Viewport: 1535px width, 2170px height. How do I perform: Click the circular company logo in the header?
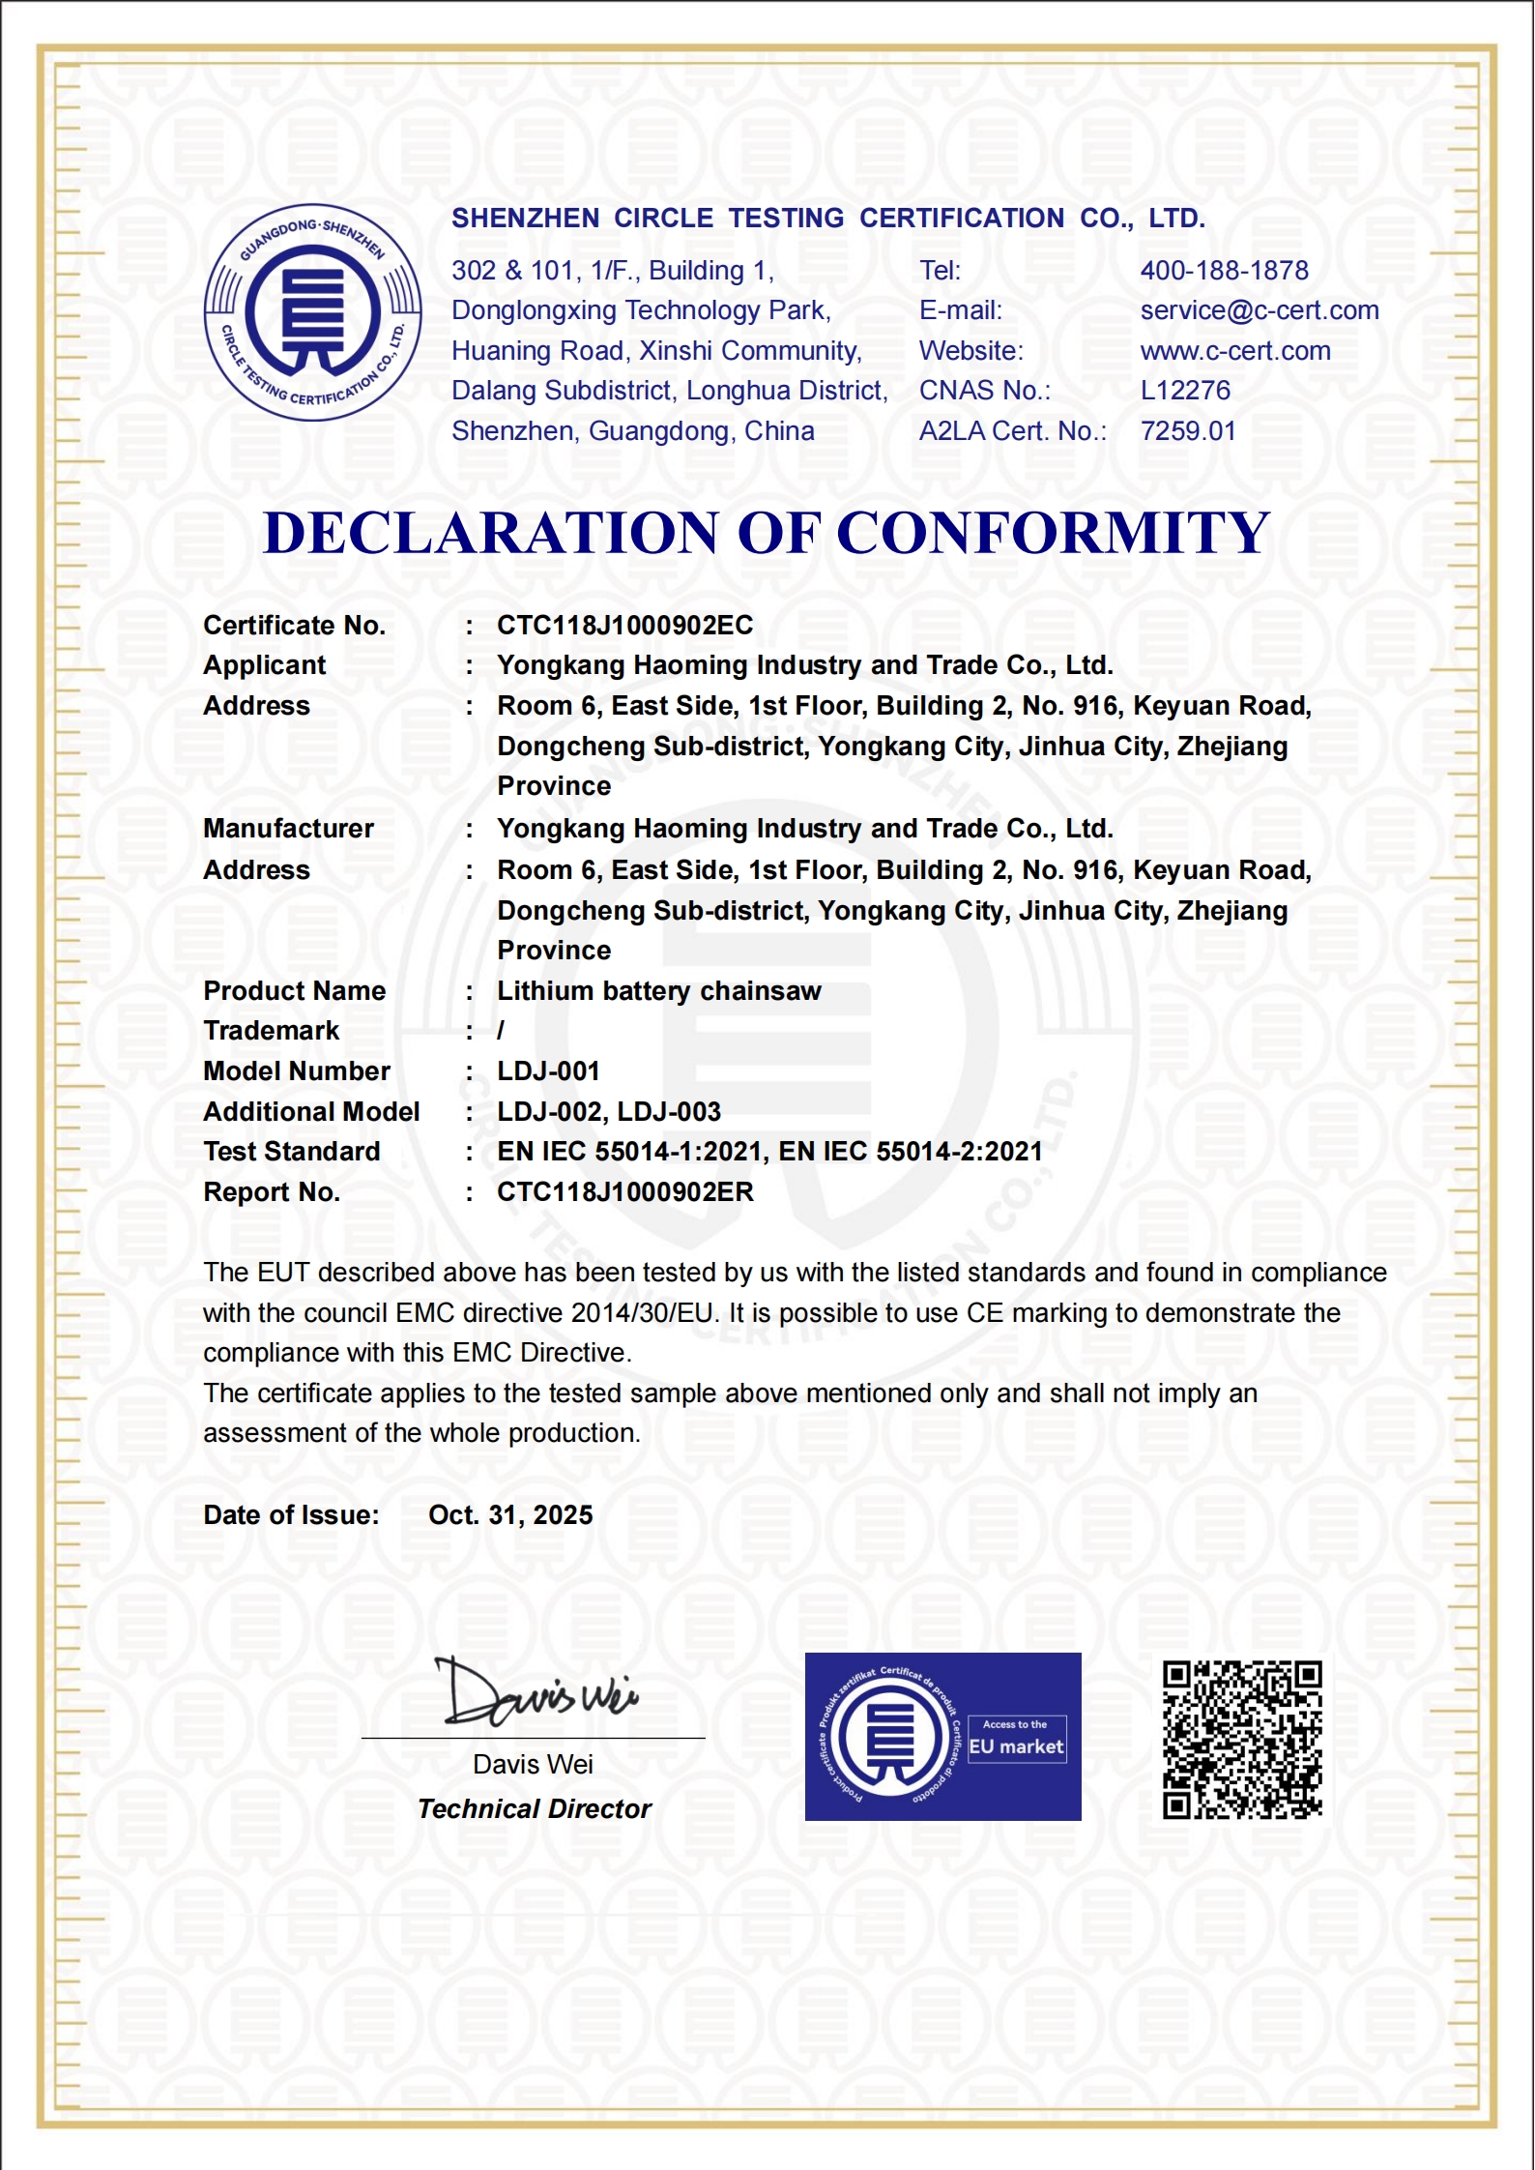[x=312, y=312]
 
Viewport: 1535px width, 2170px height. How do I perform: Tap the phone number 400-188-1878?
[x=1224, y=271]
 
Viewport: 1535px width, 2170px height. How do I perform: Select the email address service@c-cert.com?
[x=1259, y=310]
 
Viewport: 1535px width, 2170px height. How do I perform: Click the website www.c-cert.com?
[x=1234, y=351]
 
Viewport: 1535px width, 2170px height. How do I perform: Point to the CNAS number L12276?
[x=1185, y=391]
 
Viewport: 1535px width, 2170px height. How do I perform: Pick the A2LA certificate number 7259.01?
[x=1188, y=431]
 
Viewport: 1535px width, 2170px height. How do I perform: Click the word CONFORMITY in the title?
[x=1052, y=534]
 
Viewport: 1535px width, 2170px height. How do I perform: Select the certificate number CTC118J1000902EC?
[x=624, y=626]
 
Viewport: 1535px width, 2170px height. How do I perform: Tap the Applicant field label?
[x=264, y=665]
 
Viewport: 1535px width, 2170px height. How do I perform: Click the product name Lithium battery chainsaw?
[x=658, y=991]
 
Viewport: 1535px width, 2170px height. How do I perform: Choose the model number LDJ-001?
[x=548, y=1071]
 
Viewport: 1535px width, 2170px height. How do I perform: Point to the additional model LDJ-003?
[x=669, y=1112]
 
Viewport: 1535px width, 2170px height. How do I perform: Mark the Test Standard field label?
[x=291, y=1152]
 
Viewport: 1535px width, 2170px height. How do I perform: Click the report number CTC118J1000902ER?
[x=624, y=1192]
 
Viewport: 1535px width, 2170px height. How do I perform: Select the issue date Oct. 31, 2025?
[x=510, y=1515]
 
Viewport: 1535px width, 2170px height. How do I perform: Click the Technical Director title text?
[x=534, y=1809]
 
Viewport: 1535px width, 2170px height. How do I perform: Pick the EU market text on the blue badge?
[x=1016, y=1746]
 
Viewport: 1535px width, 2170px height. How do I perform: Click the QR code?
[x=1241, y=1740]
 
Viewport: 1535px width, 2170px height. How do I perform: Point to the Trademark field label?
[x=271, y=1031]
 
